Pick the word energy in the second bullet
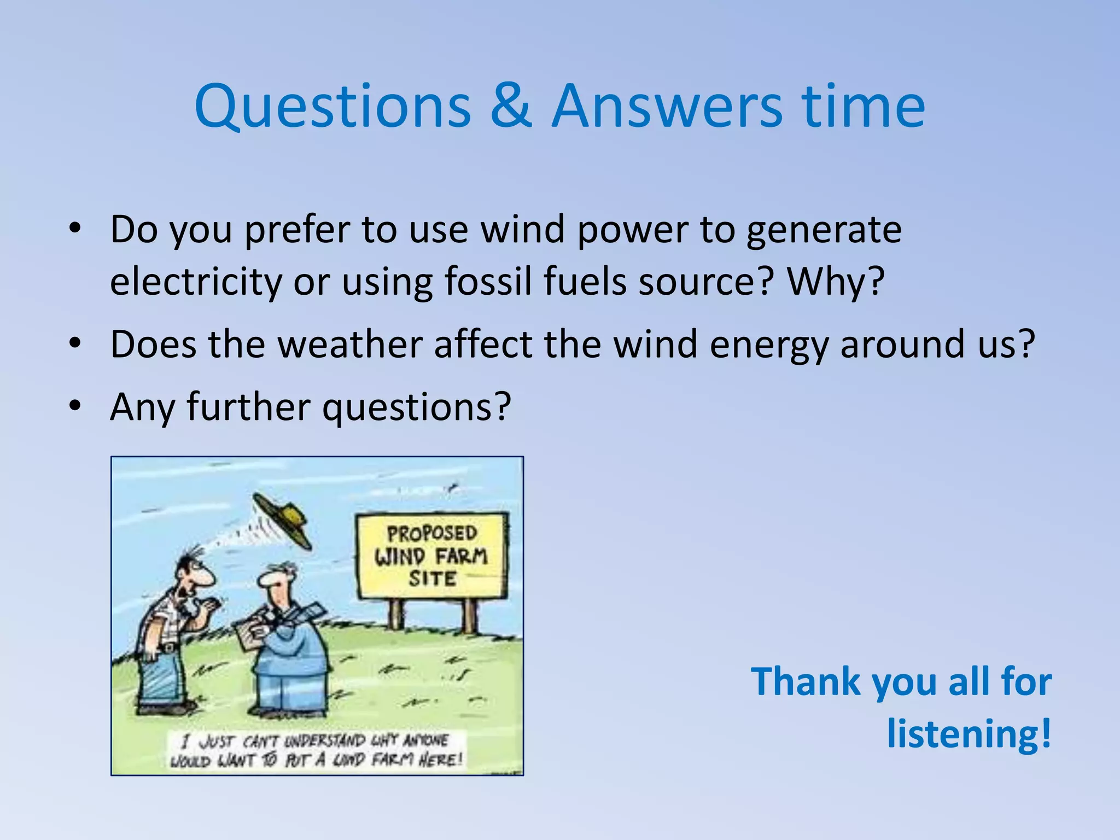(768, 346)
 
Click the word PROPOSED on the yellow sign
(432, 533)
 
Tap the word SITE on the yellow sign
(432, 579)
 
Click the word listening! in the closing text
(969, 733)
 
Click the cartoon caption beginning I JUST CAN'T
(317, 750)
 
